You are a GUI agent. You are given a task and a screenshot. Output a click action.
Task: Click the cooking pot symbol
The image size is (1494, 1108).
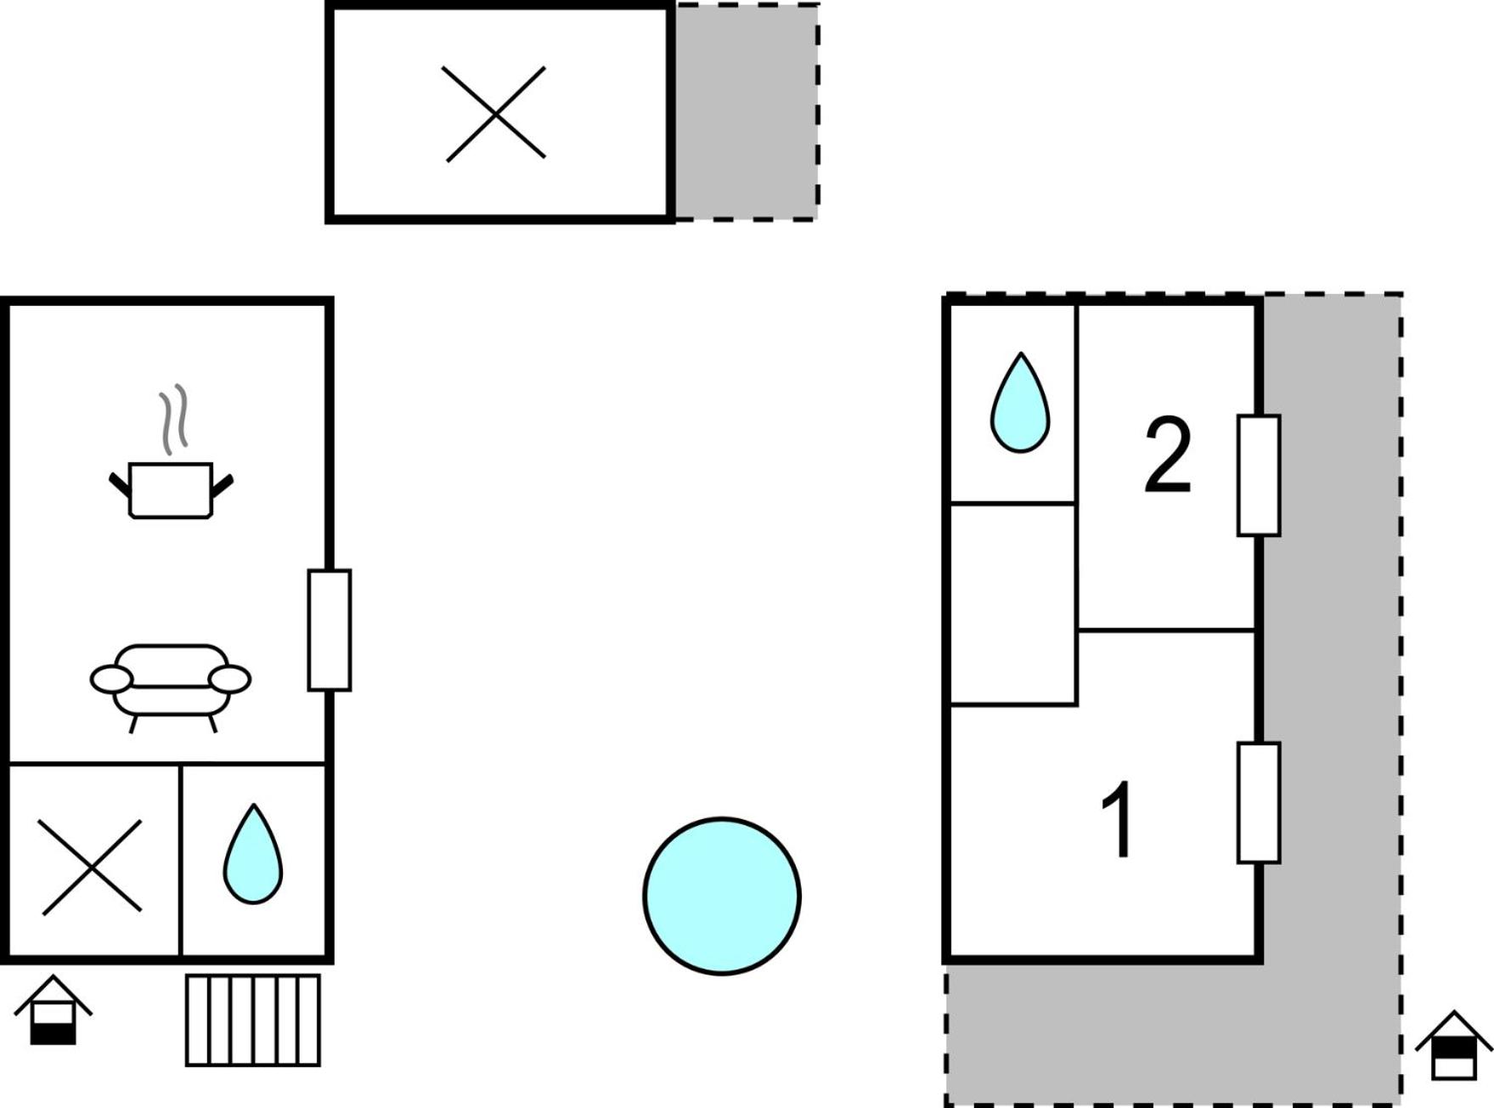[x=171, y=490]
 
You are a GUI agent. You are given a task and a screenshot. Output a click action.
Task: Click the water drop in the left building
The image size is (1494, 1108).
[x=253, y=854]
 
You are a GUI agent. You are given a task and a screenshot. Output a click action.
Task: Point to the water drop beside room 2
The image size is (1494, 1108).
[x=1020, y=403]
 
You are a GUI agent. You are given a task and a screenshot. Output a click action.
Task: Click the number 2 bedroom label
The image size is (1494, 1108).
[x=1168, y=455]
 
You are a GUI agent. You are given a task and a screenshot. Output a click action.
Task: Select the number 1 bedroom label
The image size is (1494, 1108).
[x=1118, y=820]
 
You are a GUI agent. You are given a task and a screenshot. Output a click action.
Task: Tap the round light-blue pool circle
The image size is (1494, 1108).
[x=722, y=896]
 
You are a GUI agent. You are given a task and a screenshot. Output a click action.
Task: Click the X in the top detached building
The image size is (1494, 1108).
[x=494, y=114]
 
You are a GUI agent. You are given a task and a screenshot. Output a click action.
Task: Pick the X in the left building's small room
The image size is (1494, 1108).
[x=92, y=867]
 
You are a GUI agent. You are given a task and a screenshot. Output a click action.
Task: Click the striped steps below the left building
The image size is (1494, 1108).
[x=253, y=1020]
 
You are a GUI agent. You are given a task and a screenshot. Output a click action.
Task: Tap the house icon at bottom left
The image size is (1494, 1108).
[x=53, y=1009]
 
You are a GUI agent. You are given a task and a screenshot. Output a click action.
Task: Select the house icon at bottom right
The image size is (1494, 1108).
[x=1453, y=1045]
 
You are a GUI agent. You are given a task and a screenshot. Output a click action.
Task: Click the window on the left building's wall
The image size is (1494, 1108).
[x=330, y=630]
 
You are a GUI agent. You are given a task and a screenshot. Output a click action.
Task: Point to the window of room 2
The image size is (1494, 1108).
[x=1259, y=475]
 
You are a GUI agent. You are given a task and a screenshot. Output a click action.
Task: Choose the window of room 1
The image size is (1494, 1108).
[x=1259, y=803]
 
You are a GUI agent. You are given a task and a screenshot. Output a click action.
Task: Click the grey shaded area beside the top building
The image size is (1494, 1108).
[x=747, y=112]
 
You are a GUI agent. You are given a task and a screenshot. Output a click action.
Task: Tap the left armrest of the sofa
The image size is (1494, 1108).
[x=111, y=680]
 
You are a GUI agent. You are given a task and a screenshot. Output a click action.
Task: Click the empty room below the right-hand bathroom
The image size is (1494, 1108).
[x=1012, y=604]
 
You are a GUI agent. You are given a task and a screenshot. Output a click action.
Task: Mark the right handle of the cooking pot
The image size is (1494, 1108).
[x=223, y=486]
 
